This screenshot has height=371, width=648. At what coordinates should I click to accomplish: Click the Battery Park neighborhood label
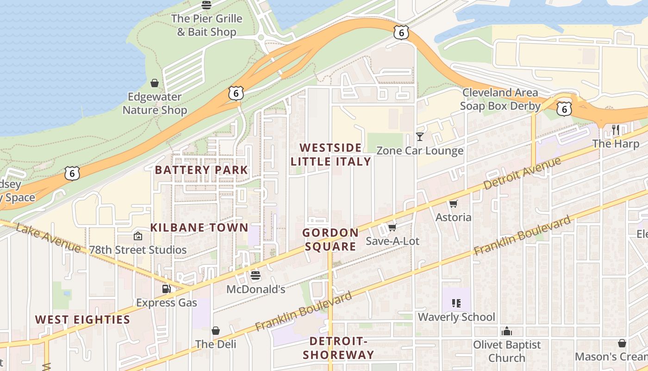[201, 170]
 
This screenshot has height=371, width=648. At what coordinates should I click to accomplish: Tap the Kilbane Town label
[199, 228]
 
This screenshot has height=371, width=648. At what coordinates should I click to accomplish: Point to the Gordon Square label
[330, 239]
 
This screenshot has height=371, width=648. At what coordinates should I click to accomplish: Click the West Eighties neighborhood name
[83, 320]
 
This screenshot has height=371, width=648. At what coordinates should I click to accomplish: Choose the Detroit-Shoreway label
[338, 348]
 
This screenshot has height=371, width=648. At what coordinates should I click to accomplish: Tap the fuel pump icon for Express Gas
[166, 289]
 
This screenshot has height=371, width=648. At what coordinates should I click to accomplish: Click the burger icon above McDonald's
[255, 275]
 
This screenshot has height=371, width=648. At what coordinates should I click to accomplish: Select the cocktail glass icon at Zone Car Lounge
[419, 137]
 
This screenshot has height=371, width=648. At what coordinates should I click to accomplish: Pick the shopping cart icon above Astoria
[453, 204]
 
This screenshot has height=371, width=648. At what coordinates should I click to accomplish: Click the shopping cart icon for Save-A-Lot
[392, 227]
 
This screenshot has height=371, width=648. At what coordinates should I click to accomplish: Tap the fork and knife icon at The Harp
[616, 130]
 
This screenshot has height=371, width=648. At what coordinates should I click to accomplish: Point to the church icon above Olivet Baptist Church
[507, 331]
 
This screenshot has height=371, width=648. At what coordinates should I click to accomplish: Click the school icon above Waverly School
[456, 303]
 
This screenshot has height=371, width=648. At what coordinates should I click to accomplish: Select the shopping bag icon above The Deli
[216, 331]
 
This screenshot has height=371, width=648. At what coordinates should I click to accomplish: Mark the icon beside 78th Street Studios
[137, 236]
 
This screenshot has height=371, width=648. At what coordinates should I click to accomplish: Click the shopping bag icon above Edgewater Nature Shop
[155, 83]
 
